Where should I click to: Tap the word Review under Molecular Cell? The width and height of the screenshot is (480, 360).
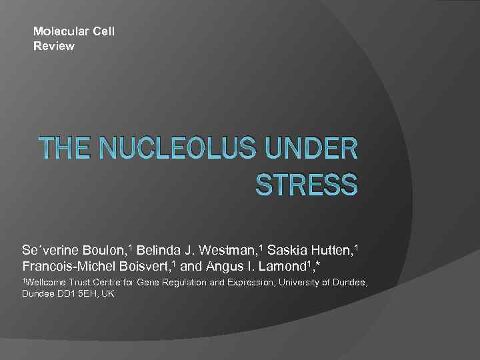(x=54, y=46)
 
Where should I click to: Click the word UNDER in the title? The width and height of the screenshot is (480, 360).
(x=319, y=150)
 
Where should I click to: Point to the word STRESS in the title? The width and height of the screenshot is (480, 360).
(x=307, y=184)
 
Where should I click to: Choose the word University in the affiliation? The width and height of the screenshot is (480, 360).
(x=299, y=283)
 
